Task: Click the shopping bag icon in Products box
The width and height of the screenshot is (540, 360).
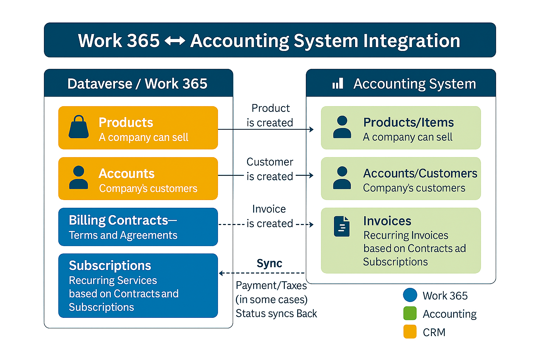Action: (x=79, y=127)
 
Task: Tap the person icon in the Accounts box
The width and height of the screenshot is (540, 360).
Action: (x=79, y=178)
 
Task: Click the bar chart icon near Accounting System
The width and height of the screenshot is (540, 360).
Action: (x=337, y=84)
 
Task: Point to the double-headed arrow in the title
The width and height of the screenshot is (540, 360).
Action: (x=175, y=41)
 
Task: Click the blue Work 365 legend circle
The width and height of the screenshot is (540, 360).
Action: (x=410, y=295)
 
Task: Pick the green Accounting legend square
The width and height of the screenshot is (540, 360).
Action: (x=410, y=313)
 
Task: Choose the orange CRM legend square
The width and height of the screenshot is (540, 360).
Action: (x=410, y=332)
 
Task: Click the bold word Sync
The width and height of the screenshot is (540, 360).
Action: (x=269, y=263)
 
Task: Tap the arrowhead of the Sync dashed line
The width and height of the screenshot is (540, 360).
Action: (x=221, y=273)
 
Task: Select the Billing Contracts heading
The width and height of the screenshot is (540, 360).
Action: (x=118, y=220)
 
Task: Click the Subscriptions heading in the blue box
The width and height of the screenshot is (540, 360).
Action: (x=110, y=266)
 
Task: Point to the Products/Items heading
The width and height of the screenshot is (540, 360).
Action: (x=409, y=122)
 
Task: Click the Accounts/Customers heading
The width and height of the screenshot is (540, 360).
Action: (x=420, y=173)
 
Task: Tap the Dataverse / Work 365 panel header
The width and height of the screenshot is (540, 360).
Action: (x=137, y=84)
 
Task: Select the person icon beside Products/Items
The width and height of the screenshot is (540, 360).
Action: (x=342, y=127)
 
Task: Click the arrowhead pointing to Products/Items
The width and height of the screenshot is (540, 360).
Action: (x=311, y=129)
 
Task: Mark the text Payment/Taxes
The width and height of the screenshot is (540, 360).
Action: (x=271, y=285)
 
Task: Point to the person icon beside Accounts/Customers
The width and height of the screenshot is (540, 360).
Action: (x=342, y=178)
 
